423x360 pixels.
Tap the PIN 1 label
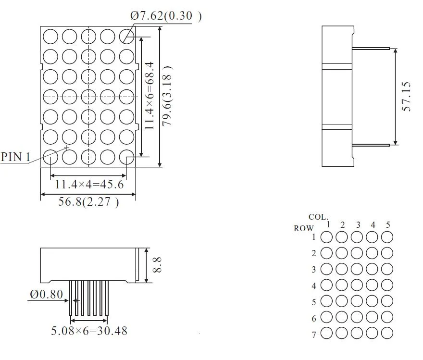click(16, 157)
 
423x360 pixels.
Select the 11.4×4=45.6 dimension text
click(89, 185)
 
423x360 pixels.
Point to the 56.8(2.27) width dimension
click(89, 201)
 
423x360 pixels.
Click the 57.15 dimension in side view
click(407, 97)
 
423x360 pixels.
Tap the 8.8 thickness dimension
click(157, 265)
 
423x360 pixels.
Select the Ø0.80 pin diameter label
click(46, 294)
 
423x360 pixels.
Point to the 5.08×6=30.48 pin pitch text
click(89, 331)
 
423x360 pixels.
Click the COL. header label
click(318, 217)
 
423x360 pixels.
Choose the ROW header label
click(304, 229)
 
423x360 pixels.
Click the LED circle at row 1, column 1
click(327, 237)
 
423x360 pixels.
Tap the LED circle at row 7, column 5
click(387, 333)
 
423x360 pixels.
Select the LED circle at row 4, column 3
click(357, 285)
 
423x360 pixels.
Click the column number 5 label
click(388, 225)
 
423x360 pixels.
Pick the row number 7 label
click(314, 335)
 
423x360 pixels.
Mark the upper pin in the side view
click(370, 48)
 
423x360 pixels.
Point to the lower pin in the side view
click(370, 144)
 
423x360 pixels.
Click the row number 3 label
click(314, 270)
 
